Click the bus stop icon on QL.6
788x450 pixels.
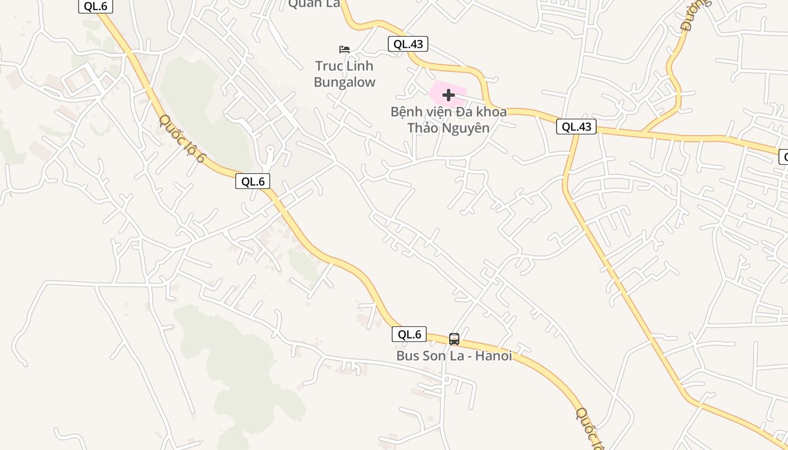point(454,339)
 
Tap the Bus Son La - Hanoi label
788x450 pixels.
point(454,355)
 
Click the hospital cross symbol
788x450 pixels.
point(449,95)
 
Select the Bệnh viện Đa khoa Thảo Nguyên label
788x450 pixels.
point(448,120)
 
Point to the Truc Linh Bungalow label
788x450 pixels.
point(344,74)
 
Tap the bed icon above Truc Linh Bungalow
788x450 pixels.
point(344,49)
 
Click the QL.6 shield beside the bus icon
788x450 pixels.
point(409,334)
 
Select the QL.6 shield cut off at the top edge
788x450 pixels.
point(95,6)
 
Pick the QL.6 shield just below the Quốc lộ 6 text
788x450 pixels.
point(253,181)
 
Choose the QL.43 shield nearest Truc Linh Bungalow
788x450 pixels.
point(408,44)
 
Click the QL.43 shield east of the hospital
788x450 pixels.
point(576,127)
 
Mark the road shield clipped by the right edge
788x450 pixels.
point(783,157)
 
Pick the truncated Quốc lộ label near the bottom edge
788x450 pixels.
point(589,428)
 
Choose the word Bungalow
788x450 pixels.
point(344,82)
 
